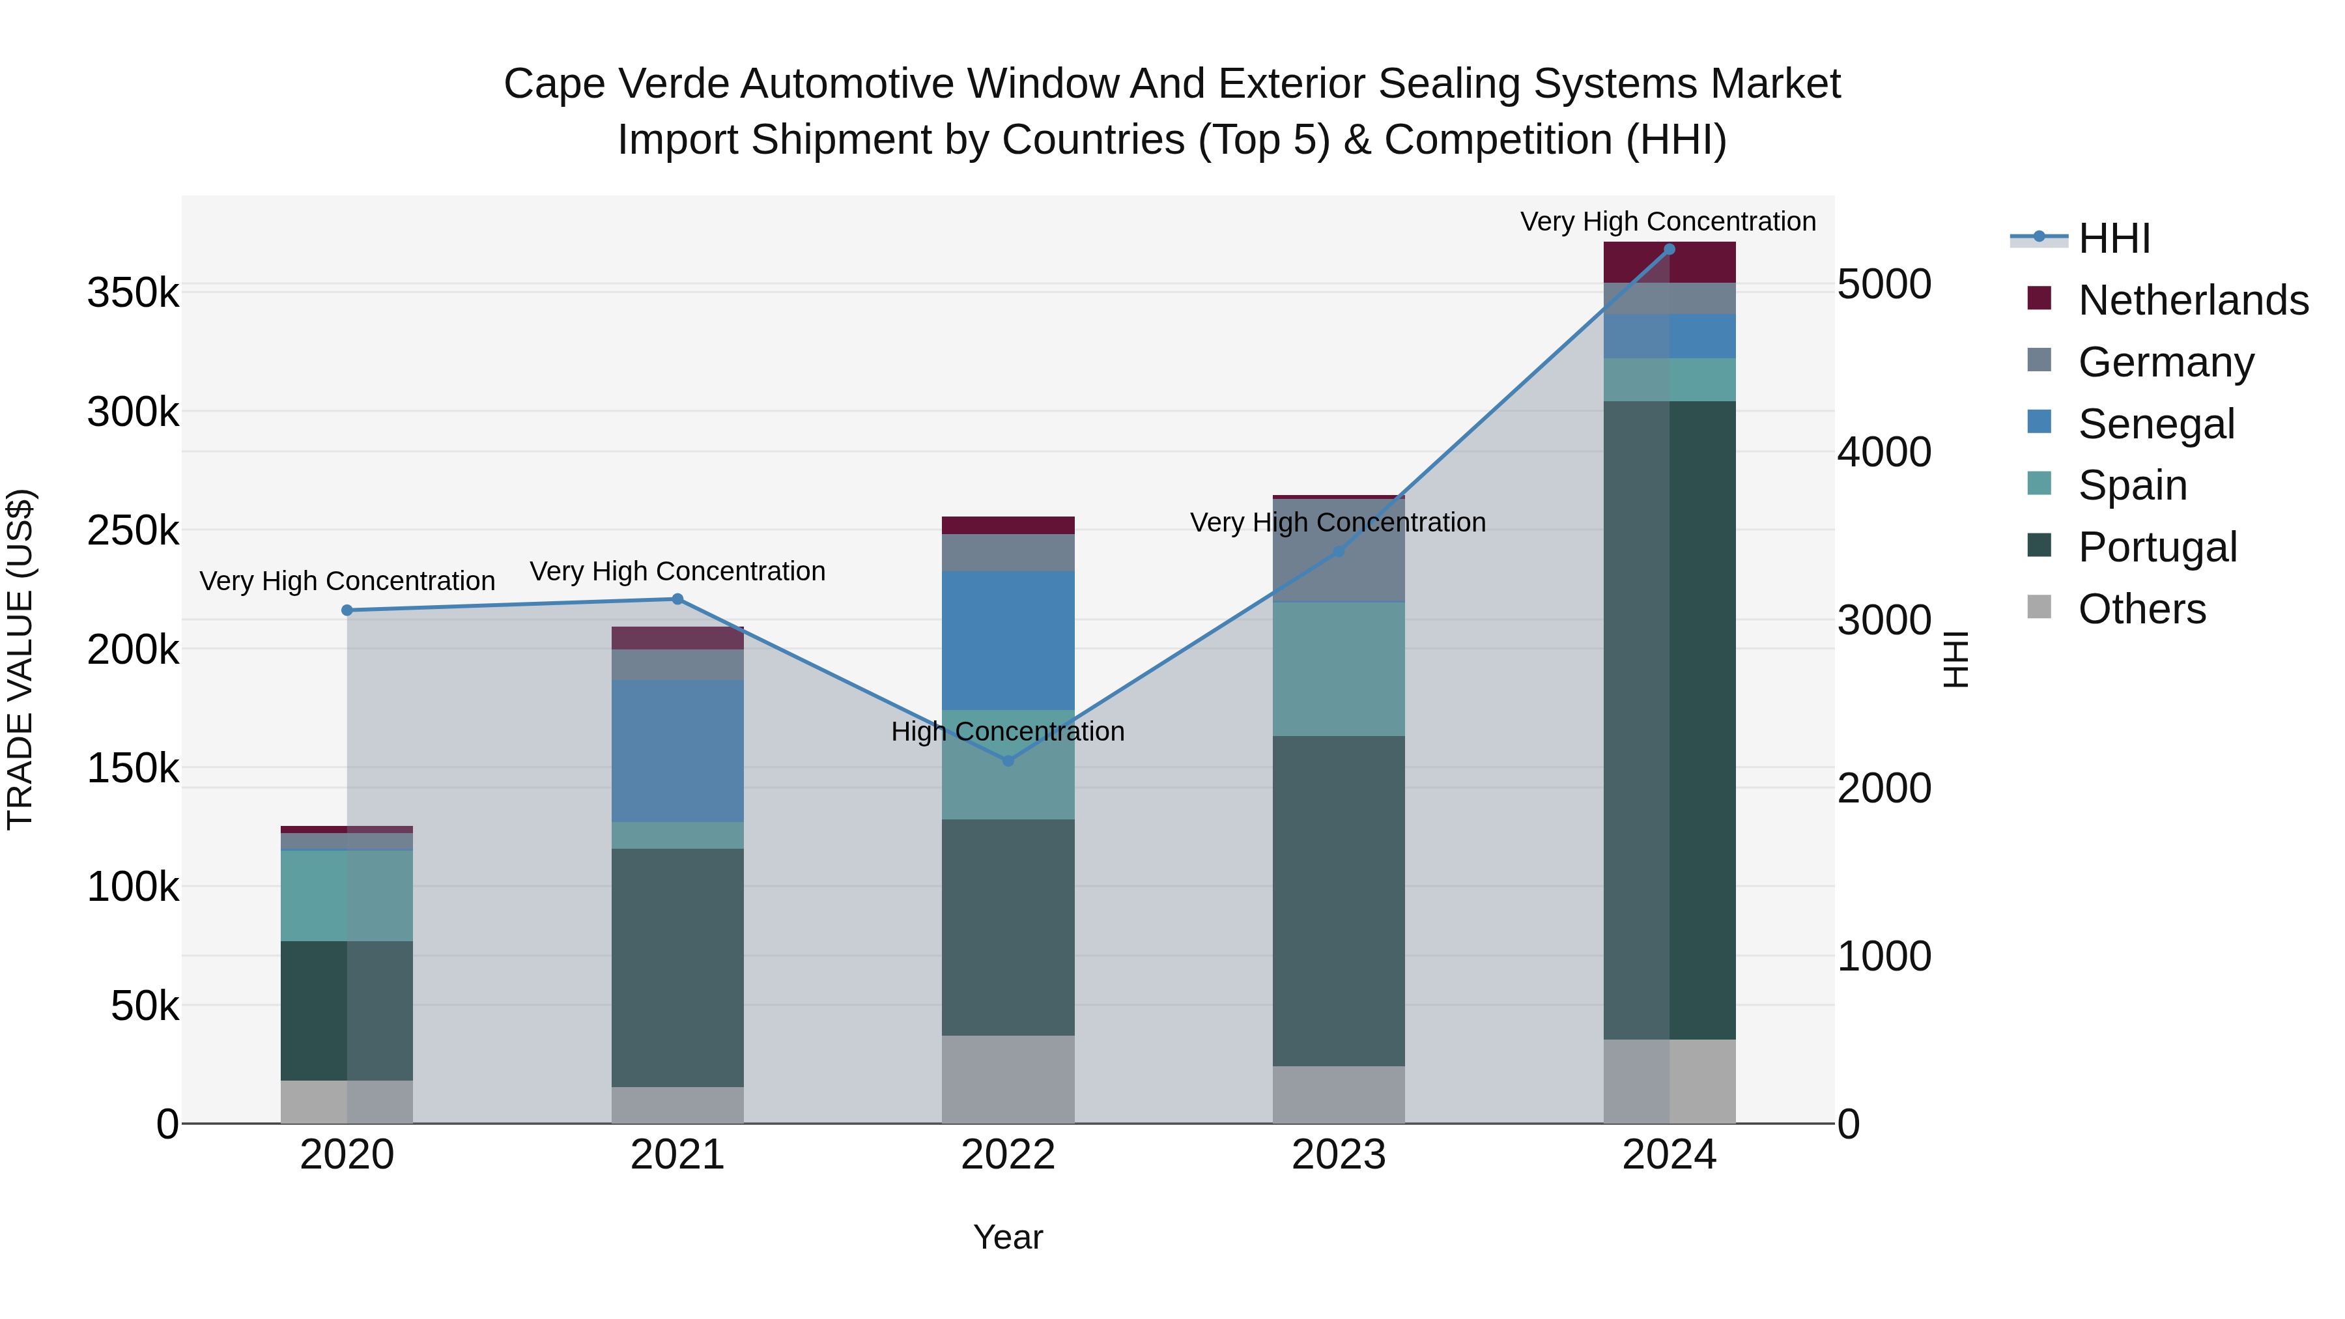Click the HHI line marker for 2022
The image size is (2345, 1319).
[x=1008, y=760]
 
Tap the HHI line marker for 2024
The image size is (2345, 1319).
[x=1669, y=249]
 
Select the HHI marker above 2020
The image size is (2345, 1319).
[x=347, y=610]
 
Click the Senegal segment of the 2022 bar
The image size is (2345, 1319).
[x=1008, y=640]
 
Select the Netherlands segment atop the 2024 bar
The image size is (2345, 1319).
[x=1669, y=262]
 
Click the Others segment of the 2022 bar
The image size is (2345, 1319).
[x=1008, y=1079]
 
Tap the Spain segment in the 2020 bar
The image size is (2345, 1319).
[x=347, y=895]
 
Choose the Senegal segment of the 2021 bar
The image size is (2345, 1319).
[x=677, y=751]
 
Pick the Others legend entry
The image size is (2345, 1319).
[x=2141, y=609]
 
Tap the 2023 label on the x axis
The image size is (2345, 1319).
[x=1338, y=1155]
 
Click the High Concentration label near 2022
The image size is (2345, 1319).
[x=1008, y=731]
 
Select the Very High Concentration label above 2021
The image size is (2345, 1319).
[x=677, y=571]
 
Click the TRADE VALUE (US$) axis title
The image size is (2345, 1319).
[x=20, y=659]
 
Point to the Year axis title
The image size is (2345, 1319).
[x=1008, y=1237]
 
